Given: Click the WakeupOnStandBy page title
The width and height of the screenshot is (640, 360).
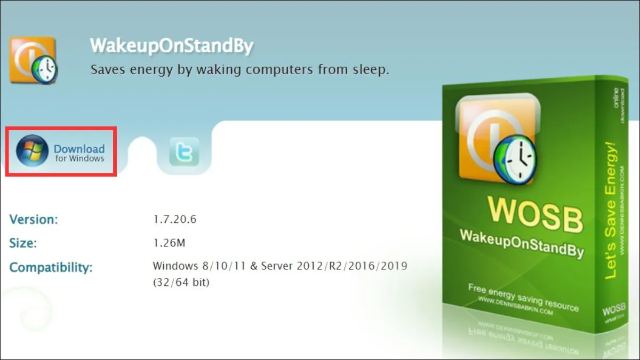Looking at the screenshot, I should click(171, 46).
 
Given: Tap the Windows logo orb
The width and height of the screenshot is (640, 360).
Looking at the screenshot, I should click(32, 151).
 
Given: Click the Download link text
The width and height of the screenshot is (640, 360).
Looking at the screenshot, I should click(79, 149).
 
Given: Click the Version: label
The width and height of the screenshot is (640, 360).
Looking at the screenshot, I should click(34, 219).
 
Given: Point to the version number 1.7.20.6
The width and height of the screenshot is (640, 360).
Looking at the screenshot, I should click(175, 219).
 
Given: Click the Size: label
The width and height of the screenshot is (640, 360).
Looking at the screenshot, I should click(23, 243).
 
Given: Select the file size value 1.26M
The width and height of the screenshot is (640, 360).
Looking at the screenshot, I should click(169, 243).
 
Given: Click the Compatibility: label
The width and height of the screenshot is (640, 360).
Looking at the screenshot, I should click(51, 267).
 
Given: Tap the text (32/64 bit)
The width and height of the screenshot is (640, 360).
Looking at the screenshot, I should click(181, 282).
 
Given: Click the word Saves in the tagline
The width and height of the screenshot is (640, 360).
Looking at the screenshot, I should click(108, 69).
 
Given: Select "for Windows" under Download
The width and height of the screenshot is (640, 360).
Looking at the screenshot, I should click(79, 158).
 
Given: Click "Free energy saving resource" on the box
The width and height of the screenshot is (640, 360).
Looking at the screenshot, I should click(523, 298).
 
